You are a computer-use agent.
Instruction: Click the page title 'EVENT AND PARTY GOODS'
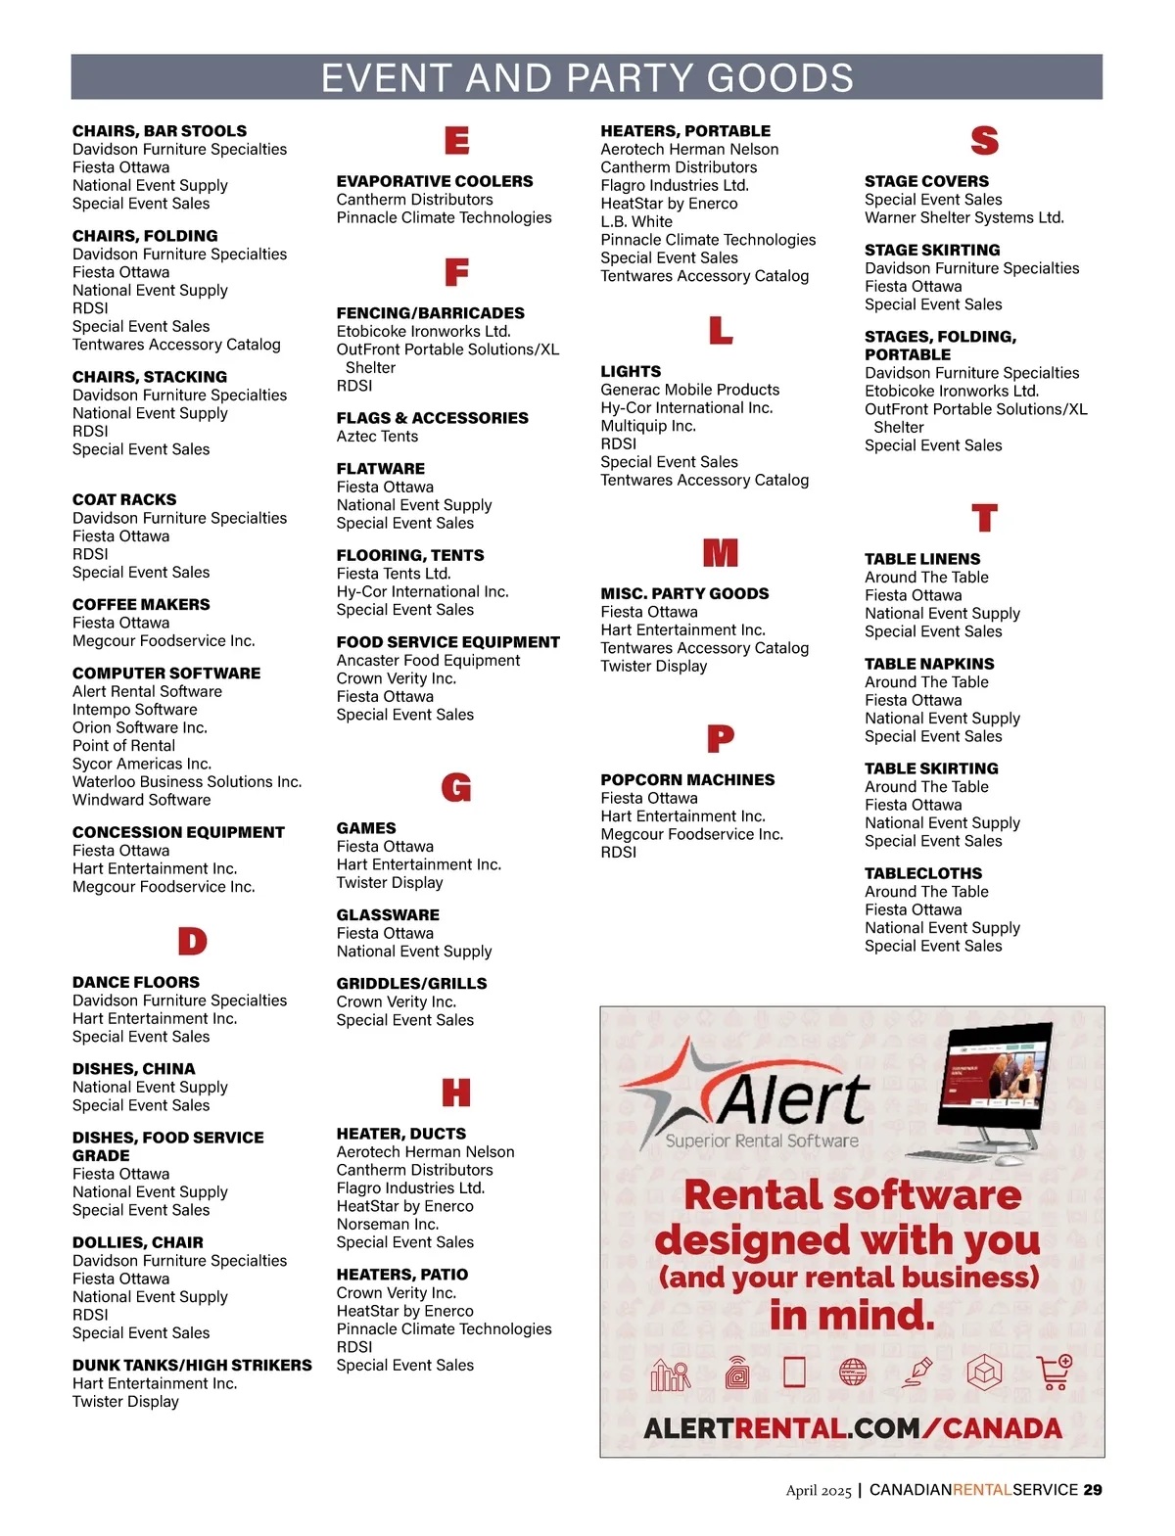click(x=587, y=78)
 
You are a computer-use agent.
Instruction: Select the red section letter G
click(x=456, y=788)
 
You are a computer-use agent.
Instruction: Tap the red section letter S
click(x=984, y=141)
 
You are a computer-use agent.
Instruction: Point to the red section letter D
click(x=192, y=942)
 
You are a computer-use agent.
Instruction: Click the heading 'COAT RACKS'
click(x=124, y=499)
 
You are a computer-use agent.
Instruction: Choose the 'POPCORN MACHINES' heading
click(x=687, y=780)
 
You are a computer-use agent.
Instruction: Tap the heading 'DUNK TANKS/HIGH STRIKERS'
click(x=192, y=1365)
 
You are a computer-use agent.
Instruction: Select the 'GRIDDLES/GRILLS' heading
click(x=411, y=983)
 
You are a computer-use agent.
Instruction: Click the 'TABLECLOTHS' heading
click(x=922, y=873)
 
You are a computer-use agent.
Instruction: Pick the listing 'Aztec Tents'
click(x=377, y=437)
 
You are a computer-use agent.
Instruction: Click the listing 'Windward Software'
click(x=141, y=800)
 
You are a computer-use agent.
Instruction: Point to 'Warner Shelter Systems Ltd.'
click(x=963, y=217)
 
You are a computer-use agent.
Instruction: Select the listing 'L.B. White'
click(x=636, y=221)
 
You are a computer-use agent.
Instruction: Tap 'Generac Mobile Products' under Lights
click(x=689, y=390)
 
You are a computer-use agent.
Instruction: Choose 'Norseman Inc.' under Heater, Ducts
click(x=387, y=1224)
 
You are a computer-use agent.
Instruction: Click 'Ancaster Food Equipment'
click(x=428, y=661)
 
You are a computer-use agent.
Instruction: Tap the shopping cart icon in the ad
click(x=1055, y=1373)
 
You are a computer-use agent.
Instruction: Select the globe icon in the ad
click(x=853, y=1373)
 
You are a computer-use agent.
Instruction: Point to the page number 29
click(x=1093, y=1490)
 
